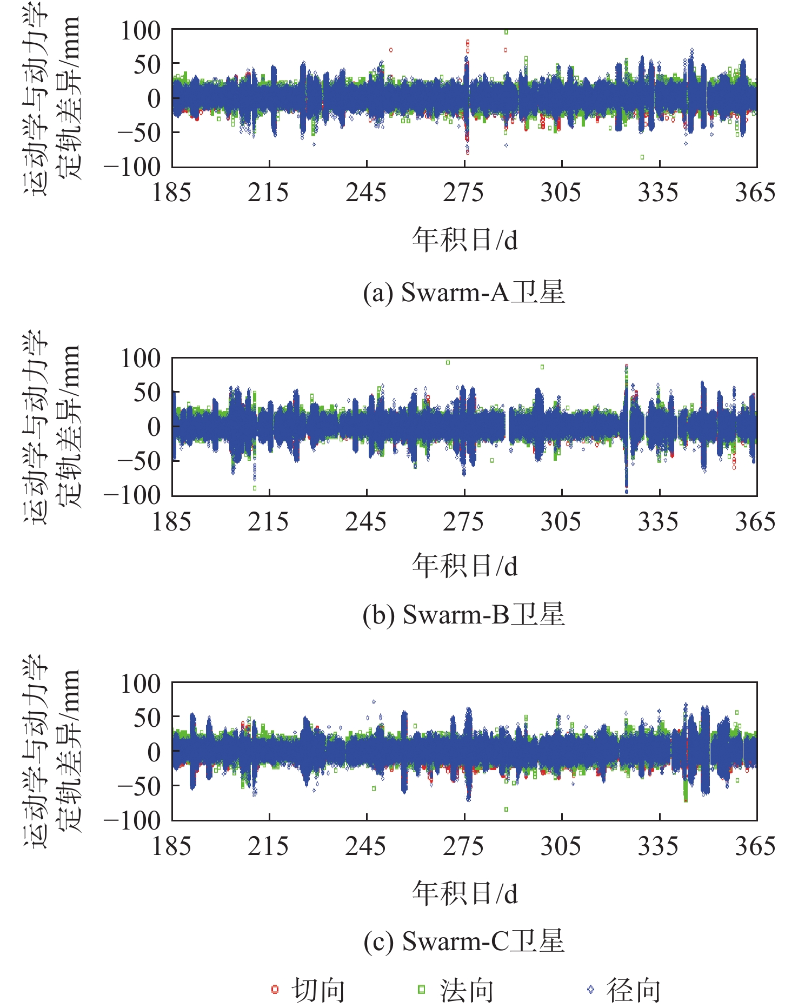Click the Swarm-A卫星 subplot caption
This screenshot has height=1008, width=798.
[464, 293]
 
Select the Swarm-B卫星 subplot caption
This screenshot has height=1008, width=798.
[464, 615]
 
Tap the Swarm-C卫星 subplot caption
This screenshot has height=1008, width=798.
[464, 941]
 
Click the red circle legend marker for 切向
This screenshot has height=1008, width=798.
[275, 989]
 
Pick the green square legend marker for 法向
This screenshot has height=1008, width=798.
[422, 989]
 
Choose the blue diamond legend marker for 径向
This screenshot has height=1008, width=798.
[590, 989]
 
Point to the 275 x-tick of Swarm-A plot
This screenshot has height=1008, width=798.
[463, 193]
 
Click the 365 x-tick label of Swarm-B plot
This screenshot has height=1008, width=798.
[755, 522]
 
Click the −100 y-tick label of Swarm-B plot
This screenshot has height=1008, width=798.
[132, 495]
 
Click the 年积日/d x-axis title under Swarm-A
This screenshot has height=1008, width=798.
[464, 240]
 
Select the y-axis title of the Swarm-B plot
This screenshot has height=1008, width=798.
[51, 427]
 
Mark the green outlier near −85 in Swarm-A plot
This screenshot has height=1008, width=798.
[642, 157]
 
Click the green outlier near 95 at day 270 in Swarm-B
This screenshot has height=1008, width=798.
[448, 362]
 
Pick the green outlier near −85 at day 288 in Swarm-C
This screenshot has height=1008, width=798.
[506, 810]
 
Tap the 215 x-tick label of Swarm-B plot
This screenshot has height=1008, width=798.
[268, 522]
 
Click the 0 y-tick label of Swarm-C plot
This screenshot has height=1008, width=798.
[154, 752]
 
